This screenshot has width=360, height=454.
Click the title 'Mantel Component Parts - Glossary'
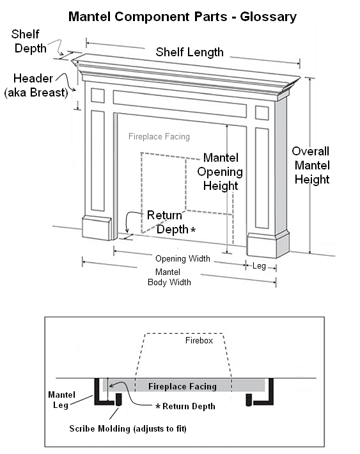(x=182, y=17)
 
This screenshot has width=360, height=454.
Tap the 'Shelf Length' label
(x=190, y=52)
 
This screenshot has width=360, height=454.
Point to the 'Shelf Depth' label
(x=28, y=41)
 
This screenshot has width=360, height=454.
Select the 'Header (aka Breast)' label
(x=36, y=86)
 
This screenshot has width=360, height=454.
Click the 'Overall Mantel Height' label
(x=311, y=166)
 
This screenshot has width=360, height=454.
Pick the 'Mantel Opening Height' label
(x=220, y=172)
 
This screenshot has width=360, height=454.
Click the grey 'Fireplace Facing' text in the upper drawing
(x=159, y=136)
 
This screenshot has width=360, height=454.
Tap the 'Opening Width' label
(x=183, y=258)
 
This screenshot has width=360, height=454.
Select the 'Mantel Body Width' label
(x=169, y=277)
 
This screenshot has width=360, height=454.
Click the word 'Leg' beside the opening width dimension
(x=259, y=266)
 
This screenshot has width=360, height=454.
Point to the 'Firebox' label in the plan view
(x=199, y=340)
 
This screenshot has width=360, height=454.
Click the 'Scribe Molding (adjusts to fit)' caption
(x=128, y=428)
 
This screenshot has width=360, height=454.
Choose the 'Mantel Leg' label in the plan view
(x=61, y=400)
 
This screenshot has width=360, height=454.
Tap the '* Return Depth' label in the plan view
(x=185, y=406)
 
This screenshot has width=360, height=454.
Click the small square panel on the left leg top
(x=98, y=95)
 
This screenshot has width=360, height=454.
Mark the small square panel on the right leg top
(x=262, y=113)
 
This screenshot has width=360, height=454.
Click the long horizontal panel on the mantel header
(x=180, y=104)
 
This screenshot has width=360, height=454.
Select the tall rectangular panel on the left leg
(x=98, y=160)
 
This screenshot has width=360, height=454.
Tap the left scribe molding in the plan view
(x=118, y=399)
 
